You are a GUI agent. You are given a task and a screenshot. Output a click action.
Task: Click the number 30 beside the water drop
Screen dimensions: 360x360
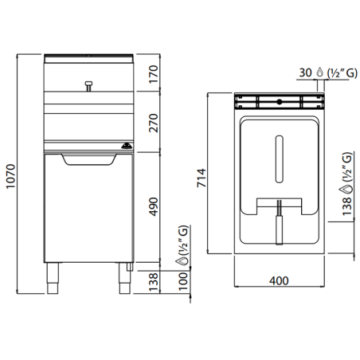point(304,70)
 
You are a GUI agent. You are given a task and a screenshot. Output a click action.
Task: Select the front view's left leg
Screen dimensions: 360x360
point(55,276)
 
